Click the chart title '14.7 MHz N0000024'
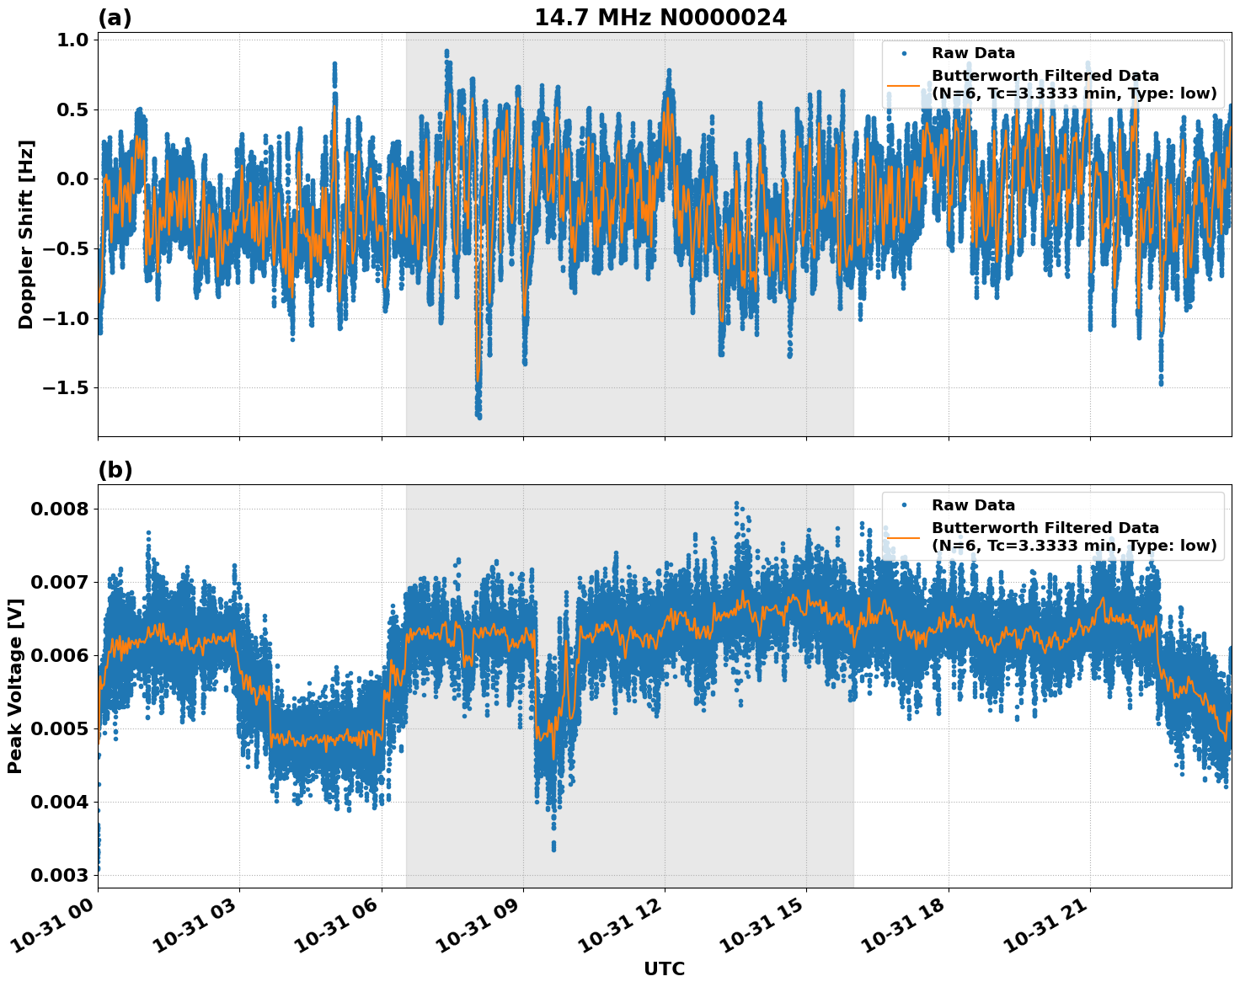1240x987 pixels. pyautogui.click(x=660, y=18)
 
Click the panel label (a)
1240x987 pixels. pyautogui.click(x=115, y=18)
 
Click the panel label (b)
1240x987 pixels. pyautogui.click(x=115, y=470)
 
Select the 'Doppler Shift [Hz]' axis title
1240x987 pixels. pyautogui.click(x=26, y=234)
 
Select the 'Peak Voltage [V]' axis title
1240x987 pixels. pyautogui.click(x=15, y=686)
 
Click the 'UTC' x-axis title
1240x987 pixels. pyautogui.click(x=664, y=968)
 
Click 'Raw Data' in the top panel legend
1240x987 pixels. pyautogui.click(x=973, y=54)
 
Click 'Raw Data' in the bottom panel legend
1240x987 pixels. pyautogui.click(x=973, y=505)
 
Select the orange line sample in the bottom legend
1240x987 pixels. pyautogui.click(x=904, y=537)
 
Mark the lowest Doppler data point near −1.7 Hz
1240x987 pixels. pyautogui.click(x=478, y=416)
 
